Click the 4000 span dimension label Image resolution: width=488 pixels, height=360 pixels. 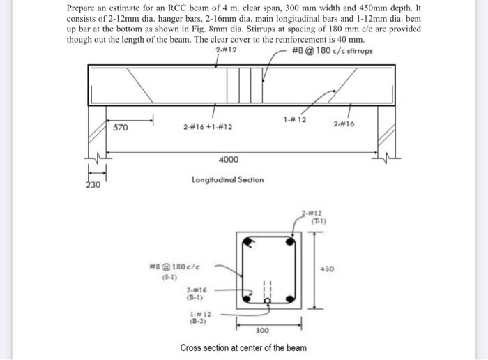[228, 160]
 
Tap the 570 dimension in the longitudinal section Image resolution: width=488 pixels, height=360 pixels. [121, 128]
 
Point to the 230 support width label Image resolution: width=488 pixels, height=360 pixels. [93, 186]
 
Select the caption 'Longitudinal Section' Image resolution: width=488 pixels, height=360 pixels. [227, 179]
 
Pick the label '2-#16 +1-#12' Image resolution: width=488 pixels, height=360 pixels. [208, 128]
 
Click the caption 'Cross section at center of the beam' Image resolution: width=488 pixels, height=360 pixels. [243, 347]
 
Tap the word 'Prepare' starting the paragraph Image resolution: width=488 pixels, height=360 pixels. [82, 7]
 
